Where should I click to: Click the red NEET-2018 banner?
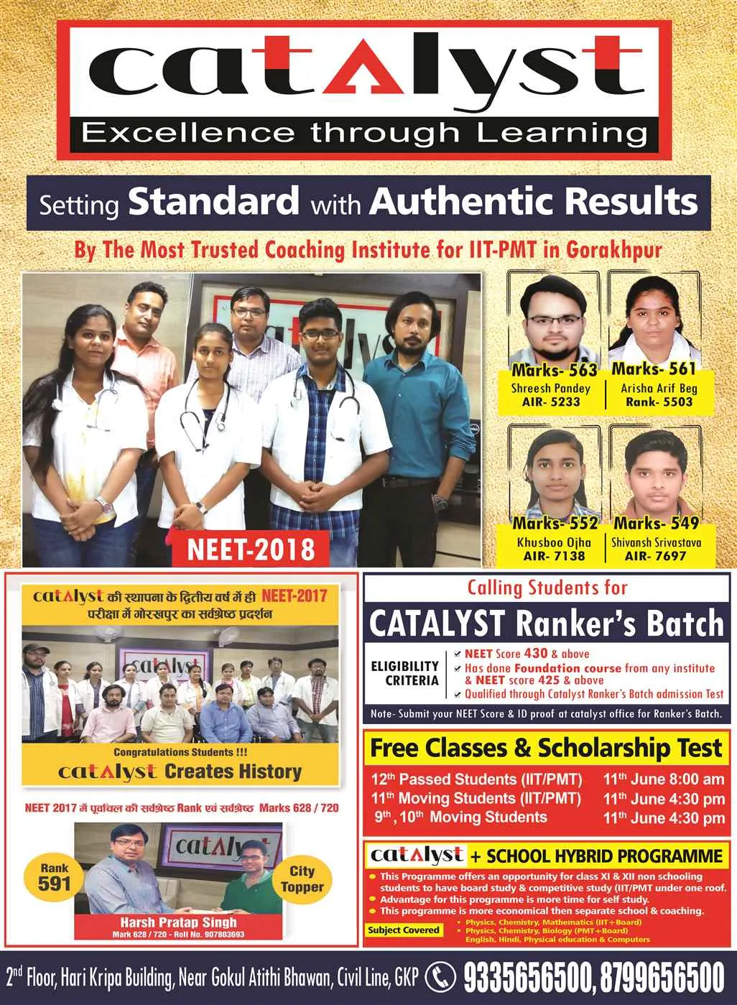251,550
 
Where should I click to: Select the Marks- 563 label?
554,370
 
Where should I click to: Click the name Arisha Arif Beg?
659,388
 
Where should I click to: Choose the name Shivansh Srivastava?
656,542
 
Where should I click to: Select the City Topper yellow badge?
302,879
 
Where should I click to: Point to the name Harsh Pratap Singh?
179,922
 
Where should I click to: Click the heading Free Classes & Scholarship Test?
546,748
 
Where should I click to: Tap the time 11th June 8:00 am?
664,779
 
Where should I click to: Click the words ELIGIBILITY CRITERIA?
404,673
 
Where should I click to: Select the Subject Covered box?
403,930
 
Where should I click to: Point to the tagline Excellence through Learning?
364,133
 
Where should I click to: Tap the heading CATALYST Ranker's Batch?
547,623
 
